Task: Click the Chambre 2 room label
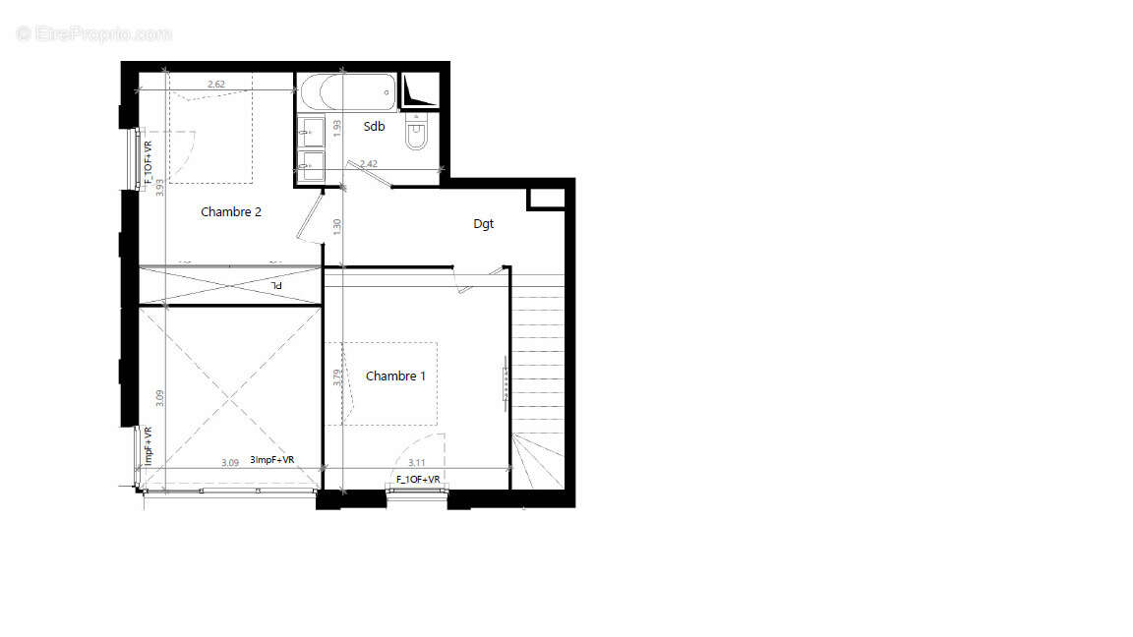[x=231, y=211]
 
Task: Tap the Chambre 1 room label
[x=395, y=376]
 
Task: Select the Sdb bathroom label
[x=374, y=126]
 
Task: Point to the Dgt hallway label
[x=483, y=224]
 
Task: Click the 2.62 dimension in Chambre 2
[x=216, y=85]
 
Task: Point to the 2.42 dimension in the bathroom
[x=369, y=163]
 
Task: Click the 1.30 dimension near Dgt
[x=336, y=224]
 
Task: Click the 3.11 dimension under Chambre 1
[x=417, y=462]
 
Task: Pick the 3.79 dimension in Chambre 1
[x=337, y=376]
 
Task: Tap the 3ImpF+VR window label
[x=272, y=459]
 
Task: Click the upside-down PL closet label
[x=277, y=284]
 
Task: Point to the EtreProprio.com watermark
[x=94, y=33]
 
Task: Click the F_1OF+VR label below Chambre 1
[x=418, y=479]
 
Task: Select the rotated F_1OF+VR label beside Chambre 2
[x=149, y=164]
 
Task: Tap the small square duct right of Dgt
[x=546, y=198]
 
